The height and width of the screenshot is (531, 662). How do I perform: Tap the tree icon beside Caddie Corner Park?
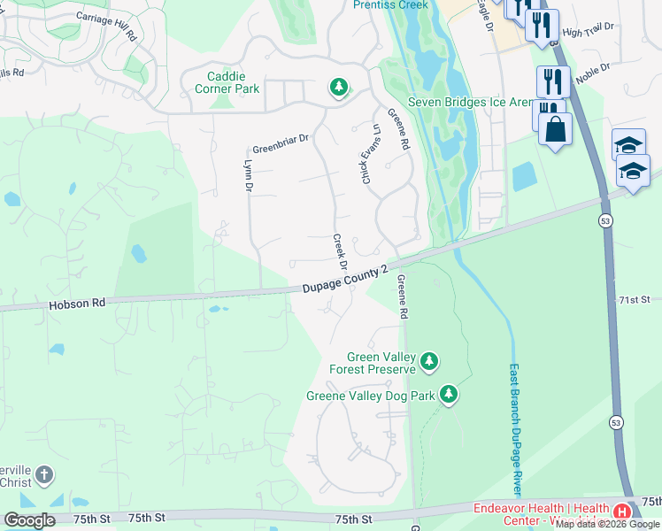click(x=337, y=87)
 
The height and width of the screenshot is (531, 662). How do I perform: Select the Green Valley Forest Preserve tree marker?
click(x=429, y=360)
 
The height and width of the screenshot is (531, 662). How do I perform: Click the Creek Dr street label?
click(x=339, y=252)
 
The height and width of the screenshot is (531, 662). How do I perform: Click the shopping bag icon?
click(x=555, y=129)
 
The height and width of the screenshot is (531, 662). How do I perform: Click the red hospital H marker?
click(x=622, y=512)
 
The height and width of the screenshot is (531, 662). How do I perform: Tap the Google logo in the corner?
click(x=29, y=520)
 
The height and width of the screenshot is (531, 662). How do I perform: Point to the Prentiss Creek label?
click(x=390, y=5)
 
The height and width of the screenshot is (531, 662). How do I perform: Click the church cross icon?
click(x=42, y=477)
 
